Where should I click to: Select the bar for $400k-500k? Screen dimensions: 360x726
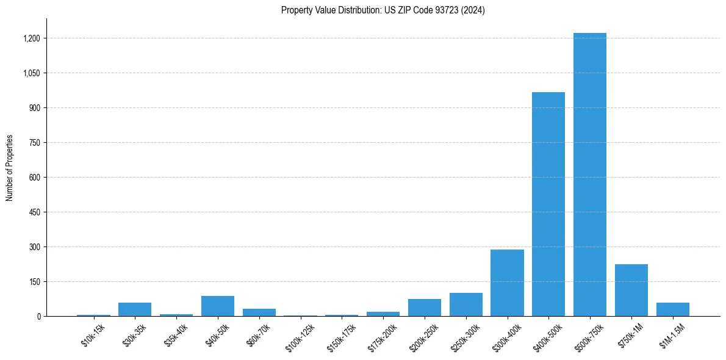click(x=548, y=204)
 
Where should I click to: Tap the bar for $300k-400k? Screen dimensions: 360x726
click(x=507, y=283)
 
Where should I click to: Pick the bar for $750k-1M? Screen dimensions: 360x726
click(x=631, y=290)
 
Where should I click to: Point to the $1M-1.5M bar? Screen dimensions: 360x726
click(x=673, y=309)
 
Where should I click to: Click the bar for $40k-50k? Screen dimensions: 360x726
click(x=218, y=306)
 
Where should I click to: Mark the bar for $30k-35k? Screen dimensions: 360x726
click(x=135, y=309)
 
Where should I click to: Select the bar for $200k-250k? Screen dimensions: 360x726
click(x=424, y=308)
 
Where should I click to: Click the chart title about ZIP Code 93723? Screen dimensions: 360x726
click(x=383, y=10)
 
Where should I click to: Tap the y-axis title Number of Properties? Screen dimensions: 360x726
click(x=10, y=168)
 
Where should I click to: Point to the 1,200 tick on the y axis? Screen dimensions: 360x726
click(x=32, y=38)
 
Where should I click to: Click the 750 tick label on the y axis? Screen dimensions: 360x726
click(x=34, y=143)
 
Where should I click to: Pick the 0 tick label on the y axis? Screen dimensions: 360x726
click(x=38, y=317)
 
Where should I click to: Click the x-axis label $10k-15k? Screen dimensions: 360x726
click(x=92, y=335)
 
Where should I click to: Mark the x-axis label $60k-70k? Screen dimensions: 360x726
click(x=257, y=335)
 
